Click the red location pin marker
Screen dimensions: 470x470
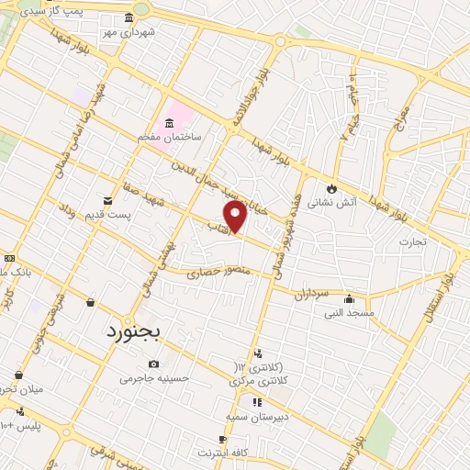pos(236,216)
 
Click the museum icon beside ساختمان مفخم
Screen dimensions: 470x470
pos(170,124)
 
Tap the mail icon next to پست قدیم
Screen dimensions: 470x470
pos(108,200)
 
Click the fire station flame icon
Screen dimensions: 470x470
pos(331,188)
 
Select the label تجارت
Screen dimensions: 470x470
pos(413,242)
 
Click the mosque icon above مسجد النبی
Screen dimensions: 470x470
pos(349,298)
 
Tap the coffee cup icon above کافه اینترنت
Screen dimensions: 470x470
pos(223,440)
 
